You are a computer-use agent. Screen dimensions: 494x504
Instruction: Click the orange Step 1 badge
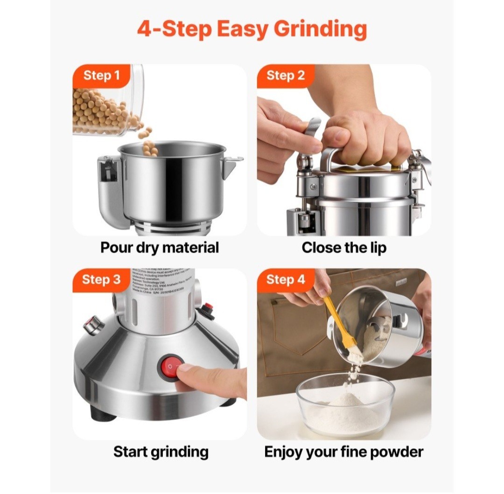101,75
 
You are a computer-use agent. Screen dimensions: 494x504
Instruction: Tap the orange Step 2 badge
285,75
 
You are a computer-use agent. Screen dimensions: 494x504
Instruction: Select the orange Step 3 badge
101,280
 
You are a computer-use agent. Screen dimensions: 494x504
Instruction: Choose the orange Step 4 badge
285,280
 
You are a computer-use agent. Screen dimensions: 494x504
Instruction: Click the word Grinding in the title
320,29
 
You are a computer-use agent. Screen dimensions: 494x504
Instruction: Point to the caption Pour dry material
160,247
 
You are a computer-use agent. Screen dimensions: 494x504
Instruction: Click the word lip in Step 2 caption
377,247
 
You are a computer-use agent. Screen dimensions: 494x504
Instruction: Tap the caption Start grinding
161,451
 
